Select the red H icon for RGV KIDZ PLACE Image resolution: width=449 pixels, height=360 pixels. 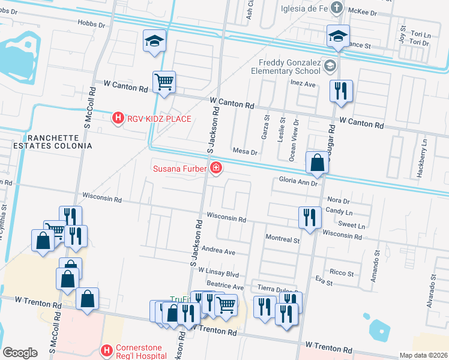118,119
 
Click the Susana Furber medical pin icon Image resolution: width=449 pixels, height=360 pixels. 215,169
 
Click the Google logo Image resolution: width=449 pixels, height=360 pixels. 20,353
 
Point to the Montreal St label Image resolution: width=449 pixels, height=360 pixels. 282,239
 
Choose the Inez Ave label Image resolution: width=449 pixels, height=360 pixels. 303,84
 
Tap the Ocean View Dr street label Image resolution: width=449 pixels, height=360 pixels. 294,139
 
